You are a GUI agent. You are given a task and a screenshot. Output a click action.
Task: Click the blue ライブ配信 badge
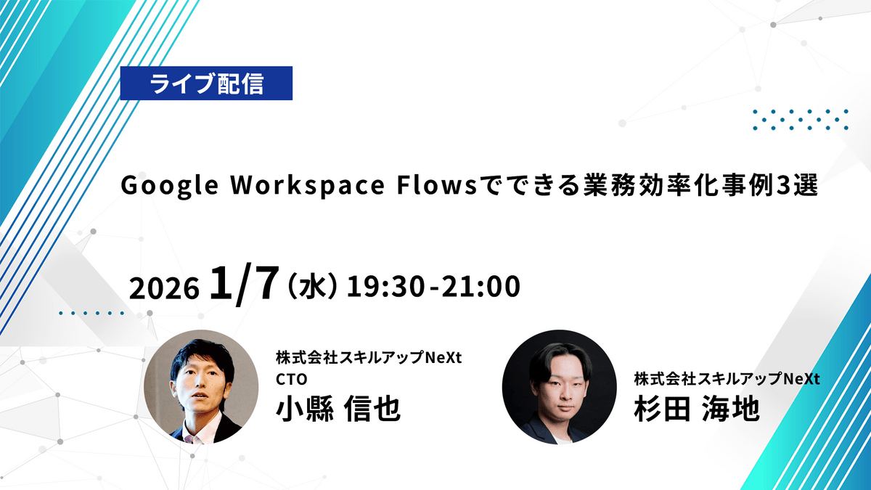pyautogui.click(x=206, y=83)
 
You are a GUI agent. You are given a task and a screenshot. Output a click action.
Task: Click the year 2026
pyautogui.click(x=164, y=288)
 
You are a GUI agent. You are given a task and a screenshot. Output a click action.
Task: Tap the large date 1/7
pyautogui.click(x=244, y=284)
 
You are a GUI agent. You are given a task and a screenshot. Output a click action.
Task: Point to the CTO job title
pyautogui.click(x=292, y=380)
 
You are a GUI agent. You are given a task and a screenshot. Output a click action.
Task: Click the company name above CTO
pyautogui.click(x=369, y=358)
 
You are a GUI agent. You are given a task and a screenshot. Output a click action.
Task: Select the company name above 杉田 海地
pyautogui.click(x=727, y=379)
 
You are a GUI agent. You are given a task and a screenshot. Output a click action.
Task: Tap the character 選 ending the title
pyautogui.click(x=806, y=187)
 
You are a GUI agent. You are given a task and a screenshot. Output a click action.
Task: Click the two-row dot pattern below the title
pyautogui.click(x=801, y=119)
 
